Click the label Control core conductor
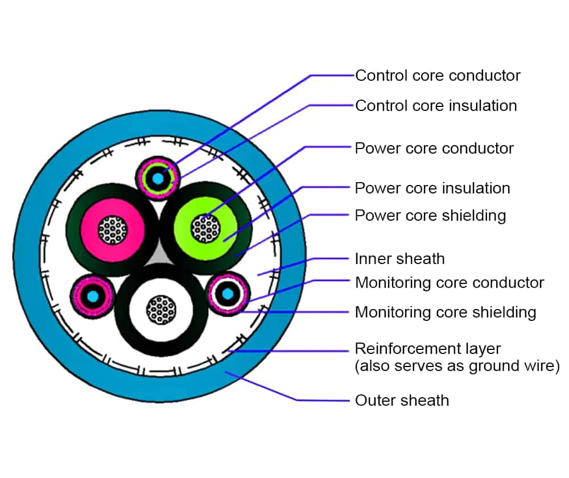pos(438,75)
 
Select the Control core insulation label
pos(436,105)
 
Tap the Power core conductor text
pos(434,149)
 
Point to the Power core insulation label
pos(432,188)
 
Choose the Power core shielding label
pos(430,216)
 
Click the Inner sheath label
pos(399,259)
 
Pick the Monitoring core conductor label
pos(450,282)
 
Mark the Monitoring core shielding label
pos(446,312)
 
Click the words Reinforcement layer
pos(428,348)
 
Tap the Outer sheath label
pos(402,400)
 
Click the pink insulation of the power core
pos(91,213)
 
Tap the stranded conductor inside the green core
pos(205,229)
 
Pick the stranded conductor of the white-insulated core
pos(161,310)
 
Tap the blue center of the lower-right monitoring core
pos(228,294)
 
